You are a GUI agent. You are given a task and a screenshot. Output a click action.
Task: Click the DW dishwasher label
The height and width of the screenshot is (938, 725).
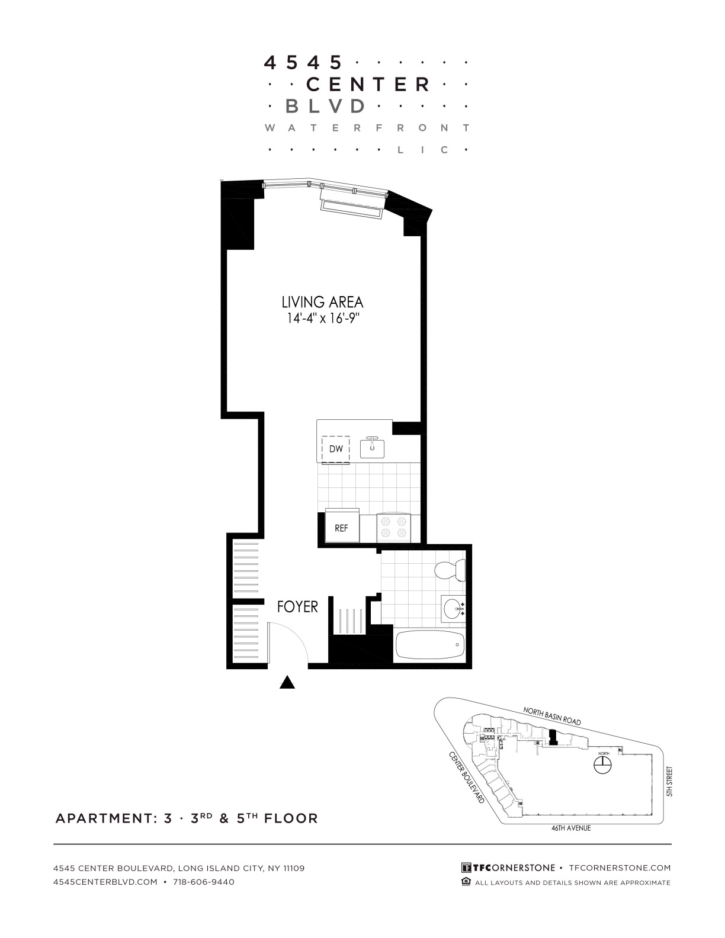coord(336,448)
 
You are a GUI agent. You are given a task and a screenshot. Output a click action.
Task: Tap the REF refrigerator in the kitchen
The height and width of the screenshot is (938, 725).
coord(342,525)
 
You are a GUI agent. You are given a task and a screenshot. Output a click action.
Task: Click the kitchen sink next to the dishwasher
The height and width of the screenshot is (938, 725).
coord(372,447)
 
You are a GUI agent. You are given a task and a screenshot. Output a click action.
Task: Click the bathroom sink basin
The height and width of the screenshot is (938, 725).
coord(453,609)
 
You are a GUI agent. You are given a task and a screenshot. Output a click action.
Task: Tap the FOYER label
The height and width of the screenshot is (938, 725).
coord(297,606)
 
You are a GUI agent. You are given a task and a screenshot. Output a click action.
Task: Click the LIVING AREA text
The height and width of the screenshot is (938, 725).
coord(322,302)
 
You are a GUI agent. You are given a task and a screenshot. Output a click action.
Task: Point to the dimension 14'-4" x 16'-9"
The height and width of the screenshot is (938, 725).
coord(323,319)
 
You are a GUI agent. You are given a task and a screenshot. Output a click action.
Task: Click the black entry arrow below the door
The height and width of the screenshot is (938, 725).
coord(287,682)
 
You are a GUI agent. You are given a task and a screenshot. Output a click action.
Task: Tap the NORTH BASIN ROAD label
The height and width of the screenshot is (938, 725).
coord(552,716)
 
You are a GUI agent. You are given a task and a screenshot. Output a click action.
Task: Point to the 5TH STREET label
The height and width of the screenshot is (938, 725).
coord(669,781)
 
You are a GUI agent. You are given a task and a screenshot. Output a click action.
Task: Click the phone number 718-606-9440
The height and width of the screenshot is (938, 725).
coord(203,882)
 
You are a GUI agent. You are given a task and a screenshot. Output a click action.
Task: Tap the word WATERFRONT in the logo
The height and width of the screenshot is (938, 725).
coord(367,128)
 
